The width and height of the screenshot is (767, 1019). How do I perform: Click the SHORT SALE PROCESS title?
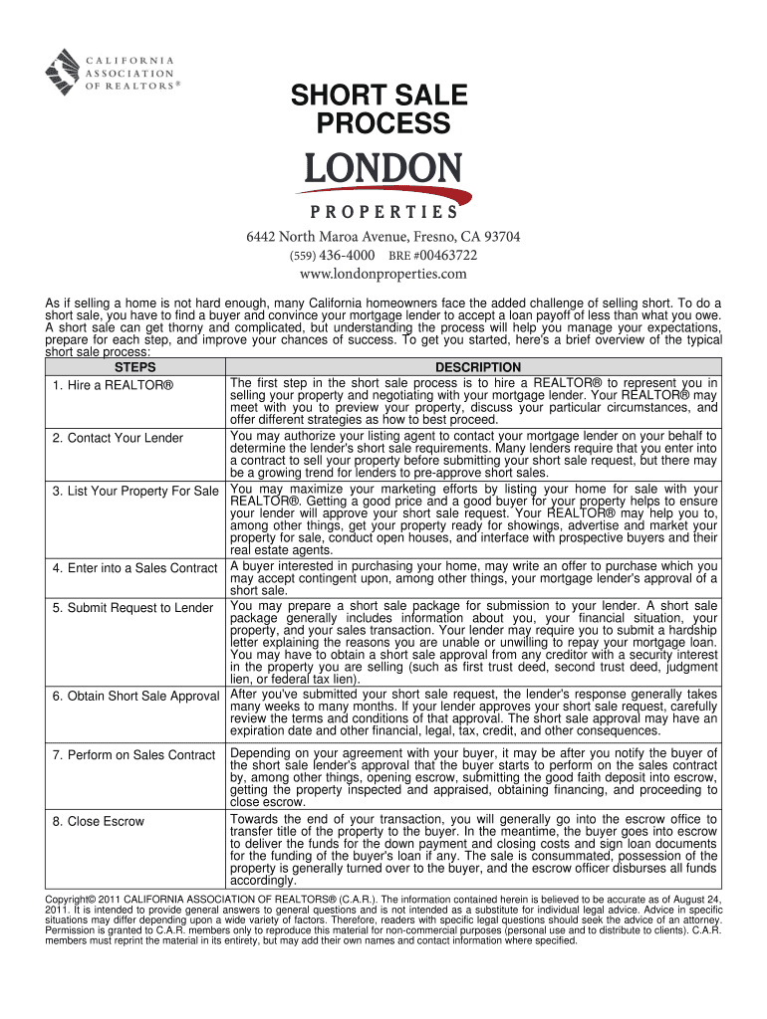point(378,109)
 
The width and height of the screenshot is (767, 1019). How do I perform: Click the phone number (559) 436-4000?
point(333,255)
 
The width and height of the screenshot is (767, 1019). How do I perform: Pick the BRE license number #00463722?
point(432,255)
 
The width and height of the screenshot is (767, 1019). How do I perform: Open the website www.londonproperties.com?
point(383,274)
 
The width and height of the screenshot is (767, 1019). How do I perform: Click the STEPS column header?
point(135,368)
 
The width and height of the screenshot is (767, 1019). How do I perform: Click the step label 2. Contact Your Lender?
point(119,438)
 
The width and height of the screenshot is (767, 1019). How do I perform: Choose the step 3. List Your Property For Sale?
point(135,492)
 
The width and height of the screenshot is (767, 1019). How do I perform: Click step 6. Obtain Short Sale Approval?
point(135,696)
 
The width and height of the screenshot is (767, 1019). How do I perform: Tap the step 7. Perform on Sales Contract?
point(133,756)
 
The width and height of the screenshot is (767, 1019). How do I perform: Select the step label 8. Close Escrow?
point(99,822)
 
